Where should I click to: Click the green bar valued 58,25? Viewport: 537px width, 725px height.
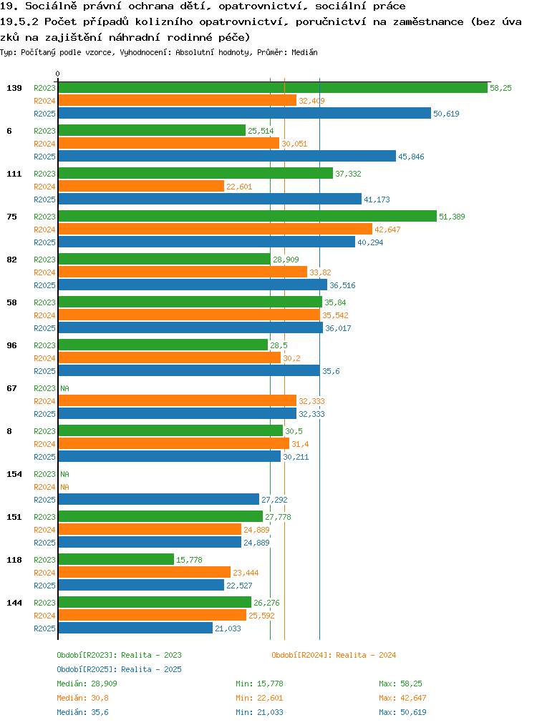[273, 88]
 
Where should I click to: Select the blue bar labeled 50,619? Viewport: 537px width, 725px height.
[245, 113]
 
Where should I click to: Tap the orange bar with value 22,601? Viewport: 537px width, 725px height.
[141, 187]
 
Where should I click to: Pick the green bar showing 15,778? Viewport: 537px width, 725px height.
[116, 559]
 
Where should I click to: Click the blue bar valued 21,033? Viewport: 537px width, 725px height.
[135, 628]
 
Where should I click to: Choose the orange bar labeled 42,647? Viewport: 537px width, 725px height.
[216, 230]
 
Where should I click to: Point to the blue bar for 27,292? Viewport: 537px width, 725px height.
[159, 499]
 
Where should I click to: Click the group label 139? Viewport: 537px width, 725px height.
[14, 88]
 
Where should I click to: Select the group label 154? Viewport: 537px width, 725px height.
[14, 474]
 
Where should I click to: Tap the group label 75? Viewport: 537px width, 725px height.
[11, 217]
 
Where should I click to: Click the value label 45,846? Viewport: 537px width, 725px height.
[411, 157]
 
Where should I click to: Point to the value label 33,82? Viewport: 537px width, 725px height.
[320, 272]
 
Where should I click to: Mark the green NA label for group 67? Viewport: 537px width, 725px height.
[65, 388]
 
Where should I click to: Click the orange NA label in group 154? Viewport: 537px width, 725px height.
[65, 487]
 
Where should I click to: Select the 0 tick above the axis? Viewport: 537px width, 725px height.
[57, 74]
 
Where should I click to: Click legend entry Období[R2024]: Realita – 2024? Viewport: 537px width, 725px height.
[334, 655]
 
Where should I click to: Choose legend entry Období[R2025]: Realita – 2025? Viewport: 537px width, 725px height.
[119, 669]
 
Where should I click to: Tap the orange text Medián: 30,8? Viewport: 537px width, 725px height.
[82, 698]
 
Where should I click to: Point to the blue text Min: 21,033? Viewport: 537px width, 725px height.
[259, 712]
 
